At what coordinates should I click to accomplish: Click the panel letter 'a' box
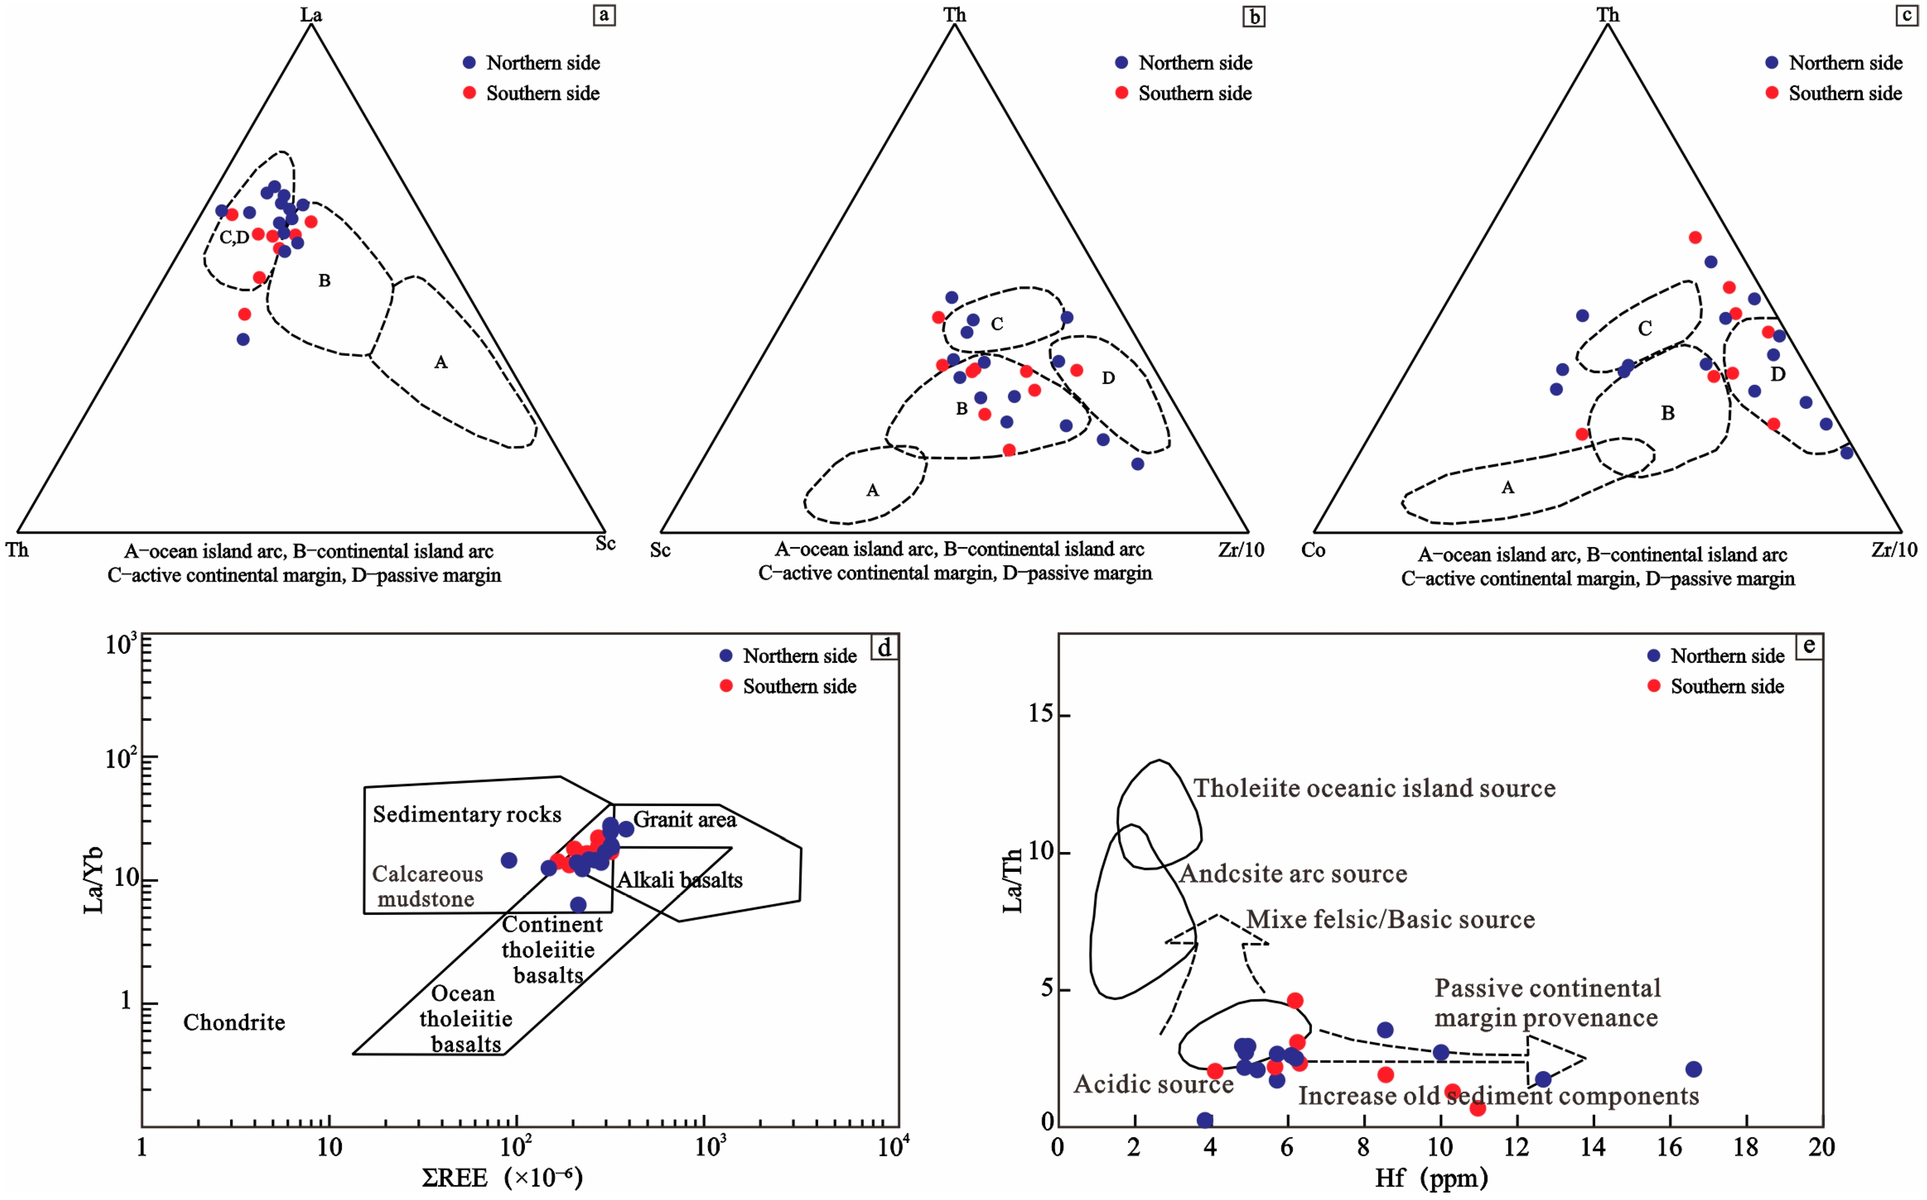pos(604,15)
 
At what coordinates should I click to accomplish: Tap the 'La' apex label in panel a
pos(311,14)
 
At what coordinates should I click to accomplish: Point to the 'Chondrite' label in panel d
pos(234,1022)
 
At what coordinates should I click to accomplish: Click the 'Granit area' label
pos(684,820)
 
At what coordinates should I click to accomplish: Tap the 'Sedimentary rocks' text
pos(467,814)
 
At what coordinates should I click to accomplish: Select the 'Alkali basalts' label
pos(680,880)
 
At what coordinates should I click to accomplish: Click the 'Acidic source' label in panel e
pos(1154,1084)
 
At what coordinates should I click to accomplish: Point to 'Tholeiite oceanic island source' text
pos(1374,788)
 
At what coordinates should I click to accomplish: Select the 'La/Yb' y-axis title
pos(93,879)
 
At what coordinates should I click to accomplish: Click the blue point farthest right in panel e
pos(1693,1069)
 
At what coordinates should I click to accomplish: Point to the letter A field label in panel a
pos(441,363)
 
